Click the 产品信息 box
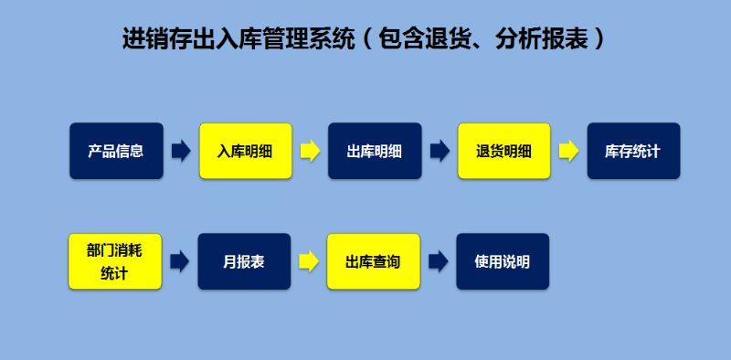pos(116,151)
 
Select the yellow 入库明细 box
pos(245,151)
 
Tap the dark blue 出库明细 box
pos(375,151)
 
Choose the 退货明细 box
pos(503,151)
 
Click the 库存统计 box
pos(632,151)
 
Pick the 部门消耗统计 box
pos(116,261)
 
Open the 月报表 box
pos(245,261)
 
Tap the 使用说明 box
pos(503,261)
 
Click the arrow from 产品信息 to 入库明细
pos(181,151)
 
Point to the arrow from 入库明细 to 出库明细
pos(310,151)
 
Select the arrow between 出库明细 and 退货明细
pos(440,151)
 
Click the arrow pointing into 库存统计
pos(568,151)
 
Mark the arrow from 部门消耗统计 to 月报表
pos(180,261)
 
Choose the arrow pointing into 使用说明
pos(439,261)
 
